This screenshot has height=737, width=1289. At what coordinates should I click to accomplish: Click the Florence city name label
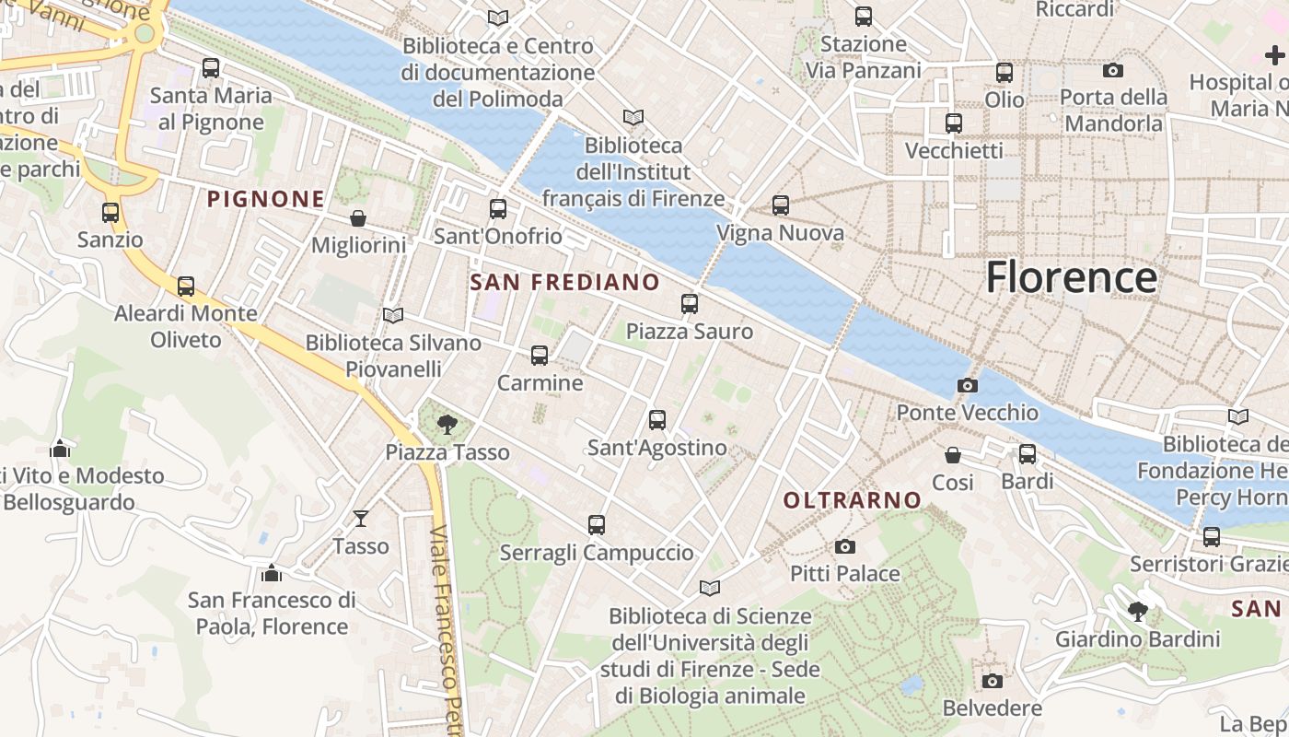click(1071, 277)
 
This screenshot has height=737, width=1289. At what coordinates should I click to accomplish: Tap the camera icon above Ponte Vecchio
click(967, 386)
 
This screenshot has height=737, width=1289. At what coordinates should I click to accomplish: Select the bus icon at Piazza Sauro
click(689, 304)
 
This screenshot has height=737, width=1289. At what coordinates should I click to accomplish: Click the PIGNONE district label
click(265, 199)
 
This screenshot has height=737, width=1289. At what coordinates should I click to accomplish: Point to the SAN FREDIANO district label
click(564, 283)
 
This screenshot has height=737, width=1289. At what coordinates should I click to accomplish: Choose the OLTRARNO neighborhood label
click(852, 500)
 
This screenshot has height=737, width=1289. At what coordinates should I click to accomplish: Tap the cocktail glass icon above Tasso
click(361, 519)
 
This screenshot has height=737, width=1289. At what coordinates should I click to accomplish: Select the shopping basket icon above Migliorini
click(358, 218)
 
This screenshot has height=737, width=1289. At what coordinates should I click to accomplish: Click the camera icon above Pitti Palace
click(844, 547)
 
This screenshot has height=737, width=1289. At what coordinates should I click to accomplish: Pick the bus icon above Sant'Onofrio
click(497, 209)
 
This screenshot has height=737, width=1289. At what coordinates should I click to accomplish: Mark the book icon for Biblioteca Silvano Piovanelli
click(393, 316)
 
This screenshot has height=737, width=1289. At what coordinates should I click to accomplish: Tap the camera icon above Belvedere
click(992, 682)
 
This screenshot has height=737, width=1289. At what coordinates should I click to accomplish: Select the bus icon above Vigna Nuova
click(780, 205)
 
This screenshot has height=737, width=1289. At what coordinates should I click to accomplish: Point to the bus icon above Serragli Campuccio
click(596, 525)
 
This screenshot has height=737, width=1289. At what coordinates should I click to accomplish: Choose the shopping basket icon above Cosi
click(953, 455)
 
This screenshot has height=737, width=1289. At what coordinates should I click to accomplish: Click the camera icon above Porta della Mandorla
click(1112, 71)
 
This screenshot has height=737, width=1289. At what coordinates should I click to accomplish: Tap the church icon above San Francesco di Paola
click(272, 573)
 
